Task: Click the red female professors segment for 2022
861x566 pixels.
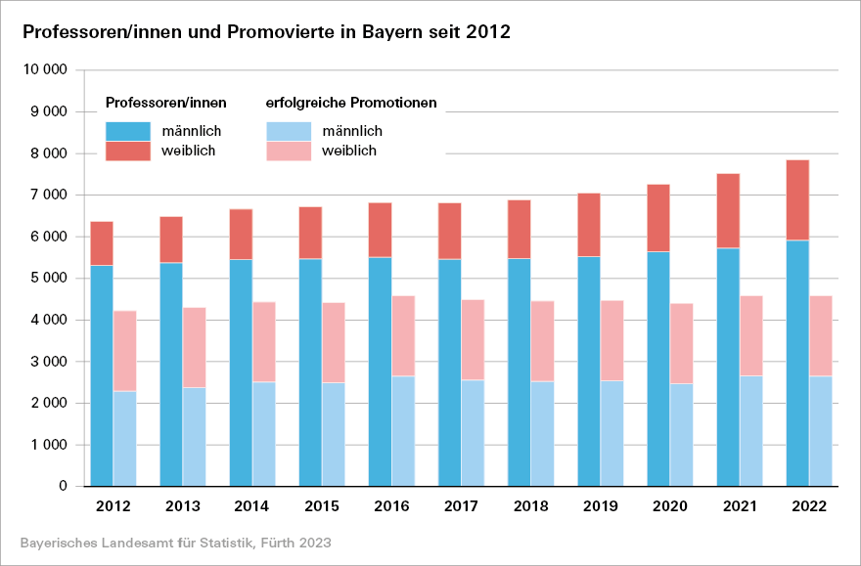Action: [x=797, y=199]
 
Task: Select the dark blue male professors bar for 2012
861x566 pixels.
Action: [x=102, y=375]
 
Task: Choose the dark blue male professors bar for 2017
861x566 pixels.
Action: [x=449, y=372]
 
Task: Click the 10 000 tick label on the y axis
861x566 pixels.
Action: [x=45, y=70]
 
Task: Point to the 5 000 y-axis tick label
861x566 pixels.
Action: [x=49, y=279]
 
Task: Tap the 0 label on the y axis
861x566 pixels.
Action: [x=63, y=486]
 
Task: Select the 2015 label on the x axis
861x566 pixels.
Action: [x=322, y=507]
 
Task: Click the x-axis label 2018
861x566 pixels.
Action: [x=530, y=507]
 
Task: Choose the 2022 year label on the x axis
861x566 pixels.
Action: [x=809, y=507]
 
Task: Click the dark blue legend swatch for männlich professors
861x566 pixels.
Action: [x=128, y=131]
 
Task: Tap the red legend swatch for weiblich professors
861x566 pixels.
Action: [x=128, y=151]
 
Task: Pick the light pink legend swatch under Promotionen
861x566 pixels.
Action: [x=289, y=151]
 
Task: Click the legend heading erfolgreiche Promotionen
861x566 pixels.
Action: [x=351, y=103]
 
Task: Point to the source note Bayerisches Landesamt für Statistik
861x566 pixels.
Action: [x=175, y=542]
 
